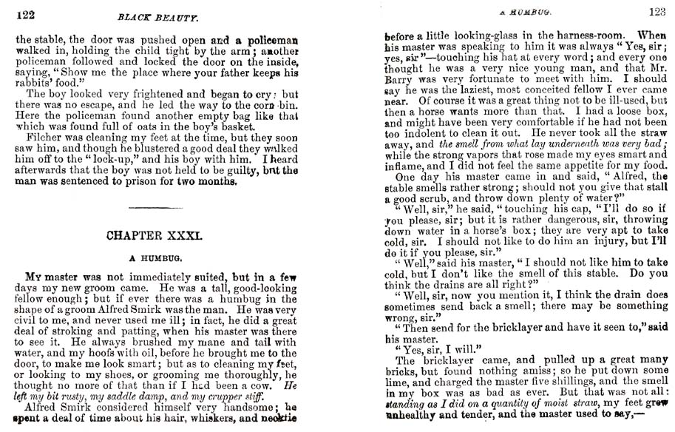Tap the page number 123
tap(656, 11)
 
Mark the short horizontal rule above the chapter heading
tap(152, 209)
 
